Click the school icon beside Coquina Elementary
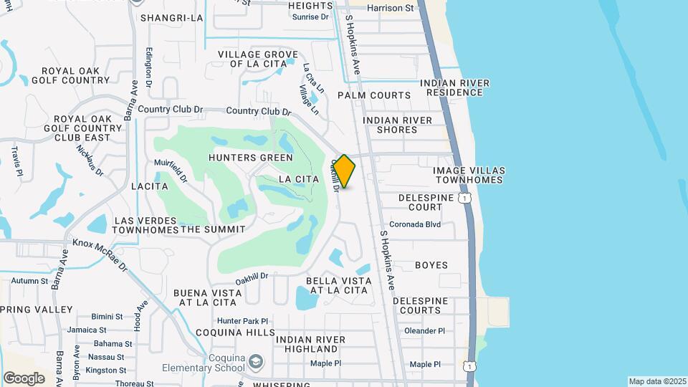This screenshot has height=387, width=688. [x=255, y=361]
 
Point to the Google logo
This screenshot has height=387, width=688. [x=24, y=378]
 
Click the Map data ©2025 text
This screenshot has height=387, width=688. [x=656, y=381]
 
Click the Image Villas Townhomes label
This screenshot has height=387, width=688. [x=469, y=175]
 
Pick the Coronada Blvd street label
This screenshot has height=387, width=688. [x=415, y=224]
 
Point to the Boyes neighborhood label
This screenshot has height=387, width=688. [x=431, y=265]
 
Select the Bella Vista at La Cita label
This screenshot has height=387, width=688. [x=338, y=285]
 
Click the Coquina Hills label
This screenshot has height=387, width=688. [x=235, y=333]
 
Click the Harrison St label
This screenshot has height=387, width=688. [x=391, y=9]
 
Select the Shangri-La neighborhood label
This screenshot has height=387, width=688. [x=172, y=18]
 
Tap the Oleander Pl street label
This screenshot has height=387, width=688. [x=425, y=331]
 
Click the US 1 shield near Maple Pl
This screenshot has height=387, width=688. [x=469, y=365]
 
